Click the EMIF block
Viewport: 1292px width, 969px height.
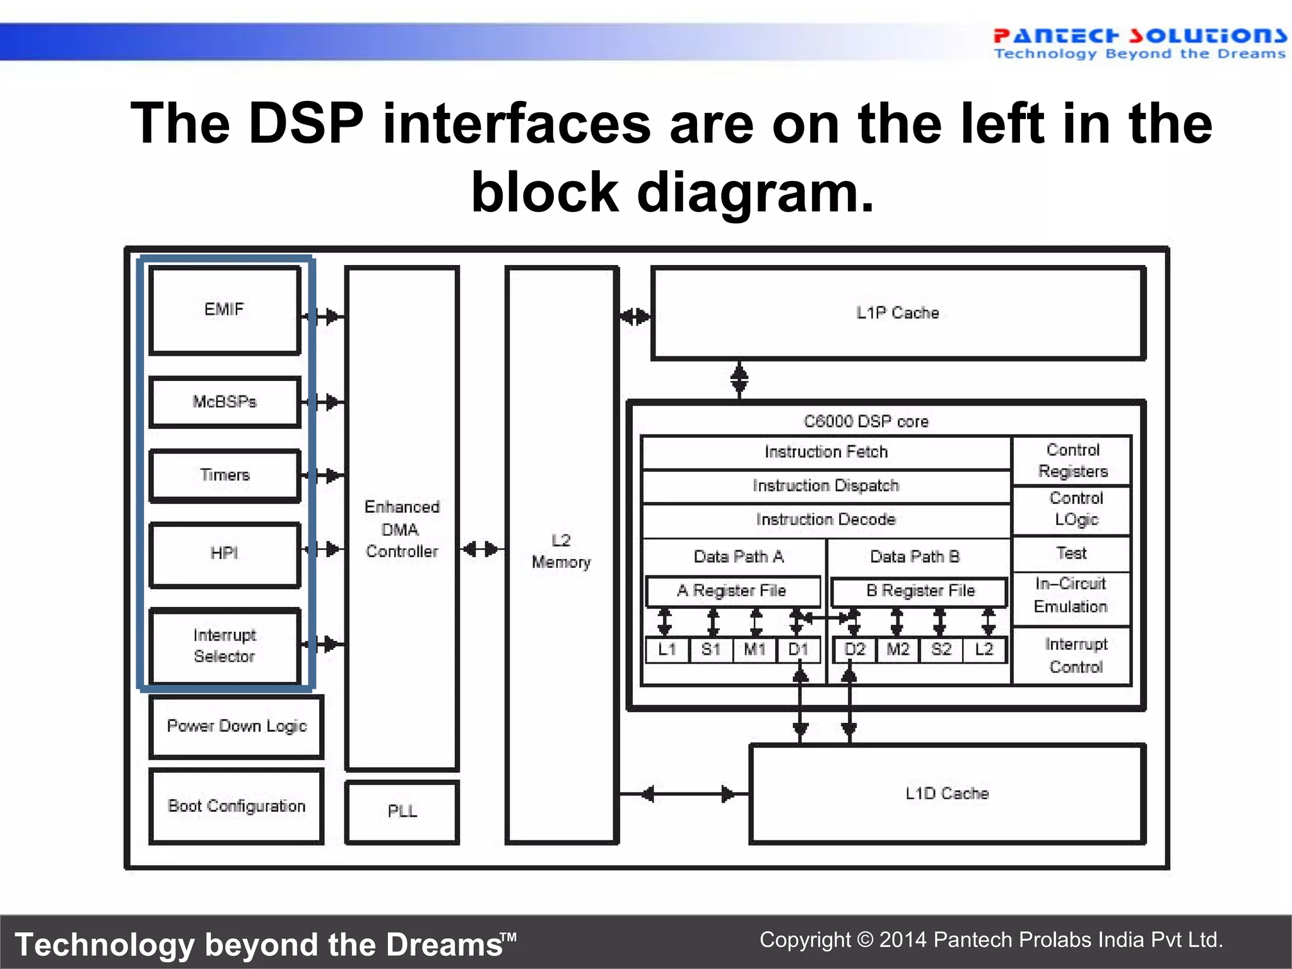coord(224,310)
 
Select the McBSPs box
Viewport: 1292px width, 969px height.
coord(224,402)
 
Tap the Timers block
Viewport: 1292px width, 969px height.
coord(224,475)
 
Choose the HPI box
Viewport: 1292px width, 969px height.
coord(224,554)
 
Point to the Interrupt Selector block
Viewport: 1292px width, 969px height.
coord(224,645)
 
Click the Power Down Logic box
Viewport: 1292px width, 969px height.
coord(237,726)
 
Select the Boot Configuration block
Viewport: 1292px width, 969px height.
coord(237,806)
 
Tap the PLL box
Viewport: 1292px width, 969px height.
coord(402,811)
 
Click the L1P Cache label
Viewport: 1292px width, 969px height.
coord(897,313)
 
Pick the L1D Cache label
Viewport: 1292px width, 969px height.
coord(946,794)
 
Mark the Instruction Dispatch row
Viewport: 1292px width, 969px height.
coord(825,486)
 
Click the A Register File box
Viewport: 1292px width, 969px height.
coord(732,591)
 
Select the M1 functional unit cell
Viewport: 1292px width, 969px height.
coord(755,650)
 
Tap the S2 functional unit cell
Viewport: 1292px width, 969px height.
coord(941,650)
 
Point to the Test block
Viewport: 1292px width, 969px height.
coord(1071,554)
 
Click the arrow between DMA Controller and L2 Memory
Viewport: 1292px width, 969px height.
coord(481,549)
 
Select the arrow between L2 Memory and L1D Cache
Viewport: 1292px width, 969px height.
coord(684,794)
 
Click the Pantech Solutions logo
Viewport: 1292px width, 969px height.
coord(1139,43)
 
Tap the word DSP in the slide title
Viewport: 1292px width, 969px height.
coord(306,123)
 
